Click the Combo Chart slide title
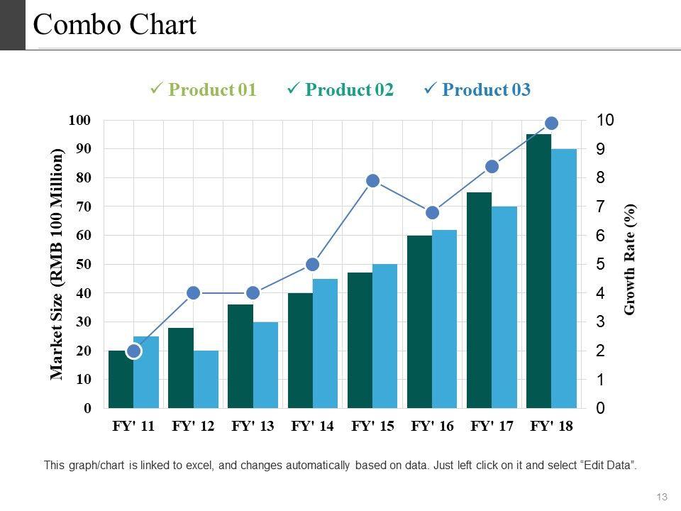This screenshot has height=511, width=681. coord(114,26)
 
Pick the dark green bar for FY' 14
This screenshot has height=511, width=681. coord(300,350)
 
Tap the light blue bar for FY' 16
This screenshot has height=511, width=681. coord(444,319)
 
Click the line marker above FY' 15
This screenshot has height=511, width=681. coord(373,181)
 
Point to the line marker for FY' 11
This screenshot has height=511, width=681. coord(134,351)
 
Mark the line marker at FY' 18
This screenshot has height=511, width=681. coord(552,123)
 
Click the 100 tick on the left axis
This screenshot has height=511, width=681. coord(80,120)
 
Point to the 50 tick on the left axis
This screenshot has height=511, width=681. coord(83,264)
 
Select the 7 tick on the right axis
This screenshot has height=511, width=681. coord(600,207)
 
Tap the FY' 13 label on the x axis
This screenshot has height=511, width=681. coord(253,427)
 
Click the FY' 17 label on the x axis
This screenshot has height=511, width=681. coord(492,427)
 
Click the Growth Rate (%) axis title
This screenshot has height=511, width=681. coord(630,259)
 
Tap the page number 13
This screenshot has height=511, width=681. coord(663,496)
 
